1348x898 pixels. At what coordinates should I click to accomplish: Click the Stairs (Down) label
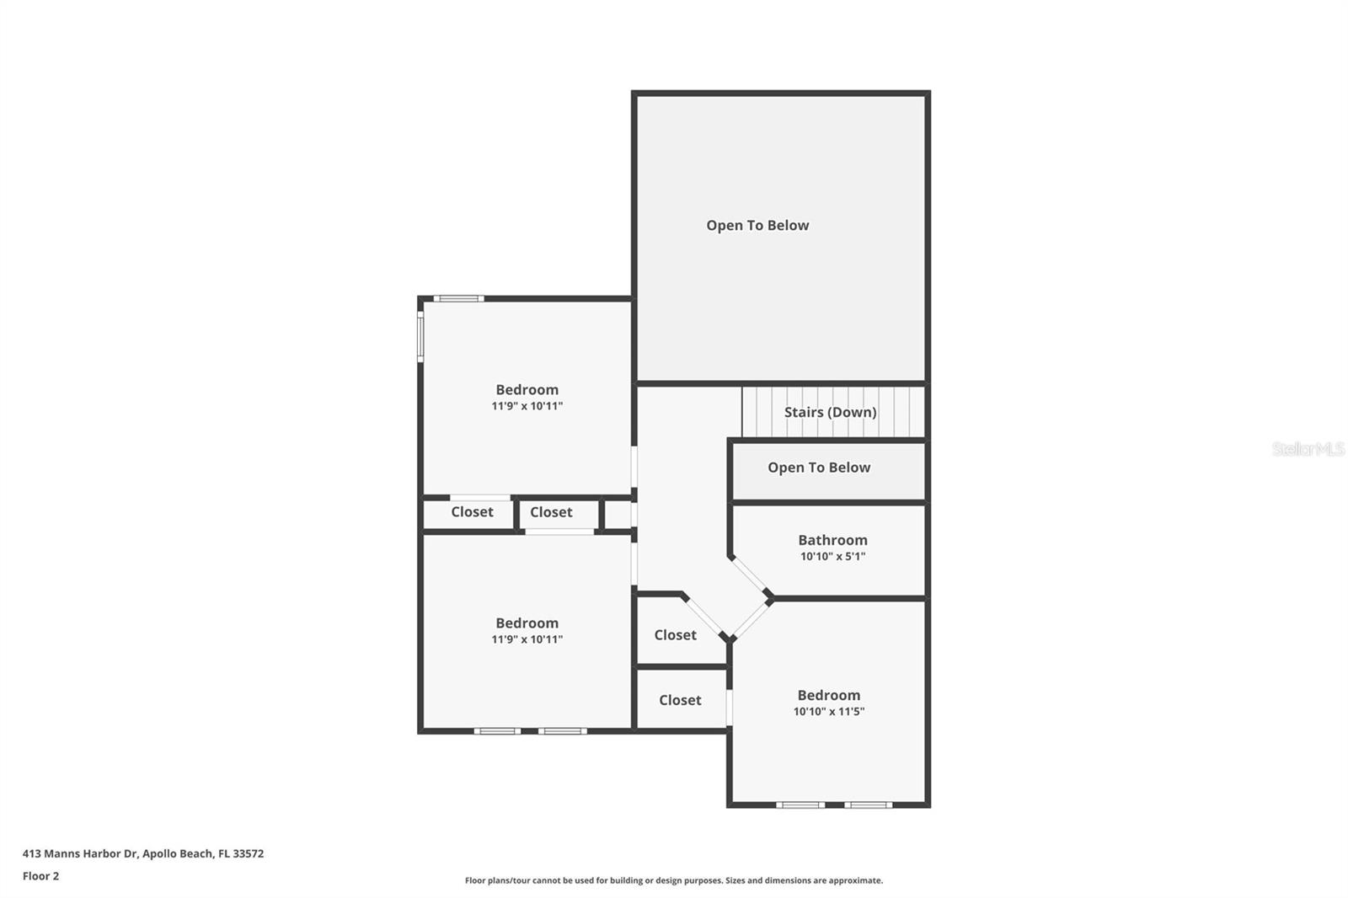click(830, 412)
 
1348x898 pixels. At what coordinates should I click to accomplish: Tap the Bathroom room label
click(832, 540)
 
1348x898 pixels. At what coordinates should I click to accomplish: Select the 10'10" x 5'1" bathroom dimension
click(832, 556)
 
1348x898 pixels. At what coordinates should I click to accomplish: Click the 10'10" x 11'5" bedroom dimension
click(828, 711)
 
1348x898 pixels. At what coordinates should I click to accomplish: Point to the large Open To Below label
click(757, 225)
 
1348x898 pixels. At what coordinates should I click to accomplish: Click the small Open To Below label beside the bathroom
click(818, 468)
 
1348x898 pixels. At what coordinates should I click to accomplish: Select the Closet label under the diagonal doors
click(675, 635)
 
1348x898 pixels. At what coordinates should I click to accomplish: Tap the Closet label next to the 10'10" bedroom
click(680, 700)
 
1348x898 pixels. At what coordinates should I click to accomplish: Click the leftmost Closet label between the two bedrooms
click(472, 512)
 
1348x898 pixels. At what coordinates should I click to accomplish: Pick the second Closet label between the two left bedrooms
click(551, 512)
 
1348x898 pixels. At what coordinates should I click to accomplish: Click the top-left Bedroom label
click(527, 389)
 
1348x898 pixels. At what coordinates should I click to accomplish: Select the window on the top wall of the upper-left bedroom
click(458, 298)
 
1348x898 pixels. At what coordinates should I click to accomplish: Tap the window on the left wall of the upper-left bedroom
click(420, 337)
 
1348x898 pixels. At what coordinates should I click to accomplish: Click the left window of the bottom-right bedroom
click(800, 804)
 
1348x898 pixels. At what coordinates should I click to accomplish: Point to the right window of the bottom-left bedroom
click(562, 730)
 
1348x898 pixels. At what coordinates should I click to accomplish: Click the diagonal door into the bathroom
click(748, 576)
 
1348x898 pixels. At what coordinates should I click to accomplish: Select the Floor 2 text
click(40, 876)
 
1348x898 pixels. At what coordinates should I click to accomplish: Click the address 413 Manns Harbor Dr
click(80, 853)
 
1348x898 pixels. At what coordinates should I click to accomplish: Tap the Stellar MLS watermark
click(1308, 449)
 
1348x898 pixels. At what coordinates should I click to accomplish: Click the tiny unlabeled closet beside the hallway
click(618, 514)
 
